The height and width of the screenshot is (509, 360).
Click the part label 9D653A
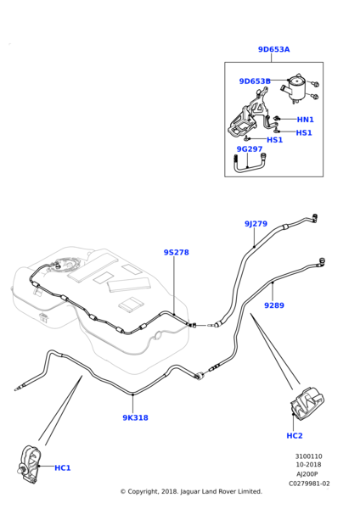point(273,49)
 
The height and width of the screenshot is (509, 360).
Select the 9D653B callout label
point(255,81)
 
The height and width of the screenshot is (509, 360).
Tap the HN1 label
point(306,120)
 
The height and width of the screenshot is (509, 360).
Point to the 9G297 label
point(250,149)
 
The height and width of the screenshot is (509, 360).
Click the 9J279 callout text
point(256,224)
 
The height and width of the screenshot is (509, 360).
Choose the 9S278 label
point(176,252)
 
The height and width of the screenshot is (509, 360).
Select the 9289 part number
point(274,305)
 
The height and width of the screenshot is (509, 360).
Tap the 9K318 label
point(135,417)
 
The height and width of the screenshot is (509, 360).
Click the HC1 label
point(62,468)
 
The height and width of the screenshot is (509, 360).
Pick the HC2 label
point(295,436)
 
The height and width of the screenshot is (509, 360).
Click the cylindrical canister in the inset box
point(295,87)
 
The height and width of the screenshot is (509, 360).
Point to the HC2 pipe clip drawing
point(307,401)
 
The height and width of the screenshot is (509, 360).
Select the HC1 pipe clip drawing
point(29,461)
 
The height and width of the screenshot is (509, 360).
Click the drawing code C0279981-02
point(309,484)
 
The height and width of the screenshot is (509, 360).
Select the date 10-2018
point(308,465)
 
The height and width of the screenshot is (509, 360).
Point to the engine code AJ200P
point(307,474)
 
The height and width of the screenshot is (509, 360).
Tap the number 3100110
point(309,456)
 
